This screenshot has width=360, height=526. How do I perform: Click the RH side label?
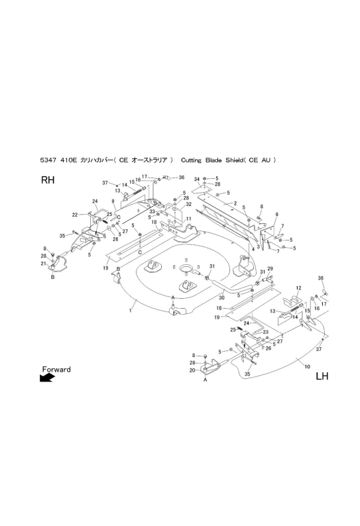[x=47, y=180]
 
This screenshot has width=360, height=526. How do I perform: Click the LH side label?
[x=322, y=376]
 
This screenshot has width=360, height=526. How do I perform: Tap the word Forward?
[x=56, y=370]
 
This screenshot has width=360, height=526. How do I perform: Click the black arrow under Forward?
[x=47, y=378]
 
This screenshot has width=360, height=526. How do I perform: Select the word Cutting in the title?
[x=191, y=160]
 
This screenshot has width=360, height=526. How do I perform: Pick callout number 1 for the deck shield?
[x=130, y=311]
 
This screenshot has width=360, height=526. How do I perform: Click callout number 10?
[x=307, y=366]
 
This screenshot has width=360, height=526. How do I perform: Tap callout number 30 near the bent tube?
[x=221, y=297]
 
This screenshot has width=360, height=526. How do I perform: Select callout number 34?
[x=197, y=180]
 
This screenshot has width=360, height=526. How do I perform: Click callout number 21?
[x=43, y=264]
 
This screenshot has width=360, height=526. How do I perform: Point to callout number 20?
[x=192, y=370]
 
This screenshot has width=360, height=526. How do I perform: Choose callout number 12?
[x=298, y=288]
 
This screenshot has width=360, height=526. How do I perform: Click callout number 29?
[x=270, y=269]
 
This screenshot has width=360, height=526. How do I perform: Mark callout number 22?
[x=74, y=215]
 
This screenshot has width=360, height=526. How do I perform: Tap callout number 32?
[x=188, y=204]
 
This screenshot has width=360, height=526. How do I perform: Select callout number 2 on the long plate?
[x=235, y=203]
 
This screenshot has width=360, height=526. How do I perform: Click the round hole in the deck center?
[x=186, y=268]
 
